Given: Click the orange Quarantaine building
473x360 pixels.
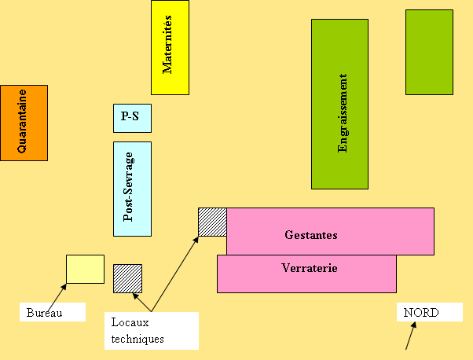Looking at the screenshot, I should pyautogui.click(x=24, y=123).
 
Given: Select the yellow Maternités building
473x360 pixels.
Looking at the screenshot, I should pyautogui.click(x=170, y=47).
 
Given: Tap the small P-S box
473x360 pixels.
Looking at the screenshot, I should pyautogui.click(x=132, y=118).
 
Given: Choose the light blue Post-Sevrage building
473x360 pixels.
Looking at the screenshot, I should pyautogui.click(x=132, y=189).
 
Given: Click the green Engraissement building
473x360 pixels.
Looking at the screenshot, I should pyautogui.click(x=339, y=104).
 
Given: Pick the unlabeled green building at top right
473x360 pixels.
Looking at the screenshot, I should pyautogui.click(x=429, y=52).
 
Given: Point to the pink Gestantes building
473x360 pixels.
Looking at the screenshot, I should pyautogui.click(x=330, y=231).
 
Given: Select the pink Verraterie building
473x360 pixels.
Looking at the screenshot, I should pyautogui.click(x=306, y=274).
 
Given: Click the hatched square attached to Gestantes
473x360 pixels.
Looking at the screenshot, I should pyautogui.click(x=212, y=222).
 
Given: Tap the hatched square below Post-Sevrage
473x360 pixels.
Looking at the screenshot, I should pyautogui.click(x=127, y=278).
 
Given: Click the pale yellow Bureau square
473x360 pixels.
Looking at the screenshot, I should pyautogui.click(x=85, y=269).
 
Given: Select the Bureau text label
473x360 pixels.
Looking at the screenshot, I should pyautogui.click(x=43, y=313).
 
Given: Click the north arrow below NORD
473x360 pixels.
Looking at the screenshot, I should pyautogui.click(x=409, y=336).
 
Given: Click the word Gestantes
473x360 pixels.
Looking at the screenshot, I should pyautogui.click(x=311, y=235).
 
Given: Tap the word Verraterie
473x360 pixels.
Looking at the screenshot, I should pyautogui.click(x=310, y=268).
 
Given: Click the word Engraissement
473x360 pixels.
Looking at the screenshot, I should pyautogui.click(x=343, y=113).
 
